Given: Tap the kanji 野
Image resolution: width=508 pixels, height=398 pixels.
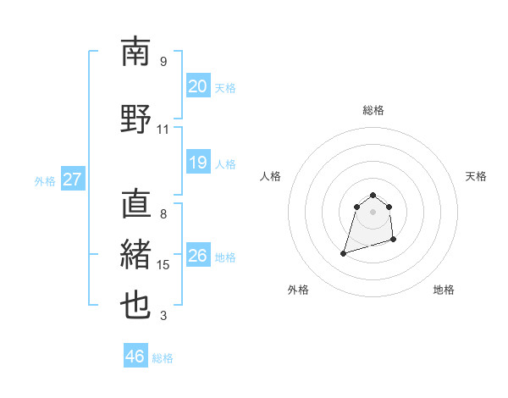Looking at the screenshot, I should pyautogui.click(x=135, y=119).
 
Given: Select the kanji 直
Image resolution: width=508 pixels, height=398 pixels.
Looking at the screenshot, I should pyautogui.click(x=135, y=204).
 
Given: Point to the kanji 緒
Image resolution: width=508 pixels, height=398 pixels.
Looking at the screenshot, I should pyautogui.click(x=135, y=254).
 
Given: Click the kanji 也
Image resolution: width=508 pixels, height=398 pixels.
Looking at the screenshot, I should pyautogui.click(x=135, y=305).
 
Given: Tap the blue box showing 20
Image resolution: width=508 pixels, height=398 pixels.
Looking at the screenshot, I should pyautogui.click(x=197, y=86).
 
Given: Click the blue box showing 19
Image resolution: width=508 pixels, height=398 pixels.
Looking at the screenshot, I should pyautogui.click(x=197, y=163).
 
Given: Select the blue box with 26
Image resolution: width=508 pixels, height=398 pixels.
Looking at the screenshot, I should pyautogui.click(x=197, y=256).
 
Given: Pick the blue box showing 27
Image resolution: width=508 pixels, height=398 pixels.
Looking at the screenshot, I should pyautogui.click(x=72, y=180).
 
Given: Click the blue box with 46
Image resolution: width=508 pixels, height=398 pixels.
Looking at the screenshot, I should pyautogui.click(x=135, y=357).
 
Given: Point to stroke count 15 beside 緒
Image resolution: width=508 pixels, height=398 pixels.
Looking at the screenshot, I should pyautogui.click(x=163, y=265).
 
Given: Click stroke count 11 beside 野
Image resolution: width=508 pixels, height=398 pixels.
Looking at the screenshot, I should pyautogui.click(x=163, y=130).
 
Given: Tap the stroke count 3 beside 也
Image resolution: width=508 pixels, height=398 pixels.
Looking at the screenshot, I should pyautogui.click(x=163, y=316).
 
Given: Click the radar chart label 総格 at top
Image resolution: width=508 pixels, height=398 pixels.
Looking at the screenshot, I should pyautogui.click(x=373, y=110).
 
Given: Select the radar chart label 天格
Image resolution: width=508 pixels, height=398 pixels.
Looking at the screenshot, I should pyautogui.click(x=477, y=176).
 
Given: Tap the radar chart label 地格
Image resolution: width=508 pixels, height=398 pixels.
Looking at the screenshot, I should pyautogui.click(x=444, y=290).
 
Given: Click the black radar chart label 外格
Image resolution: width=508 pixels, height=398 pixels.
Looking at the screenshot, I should pyautogui.click(x=298, y=290).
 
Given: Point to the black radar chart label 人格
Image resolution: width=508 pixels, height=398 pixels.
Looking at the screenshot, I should pyautogui.click(x=271, y=176).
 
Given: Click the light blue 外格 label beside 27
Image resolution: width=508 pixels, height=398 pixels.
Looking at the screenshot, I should pyautogui.click(x=45, y=180).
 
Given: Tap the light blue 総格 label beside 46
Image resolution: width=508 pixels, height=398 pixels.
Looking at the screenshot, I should pyautogui.click(x=163, y=358).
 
